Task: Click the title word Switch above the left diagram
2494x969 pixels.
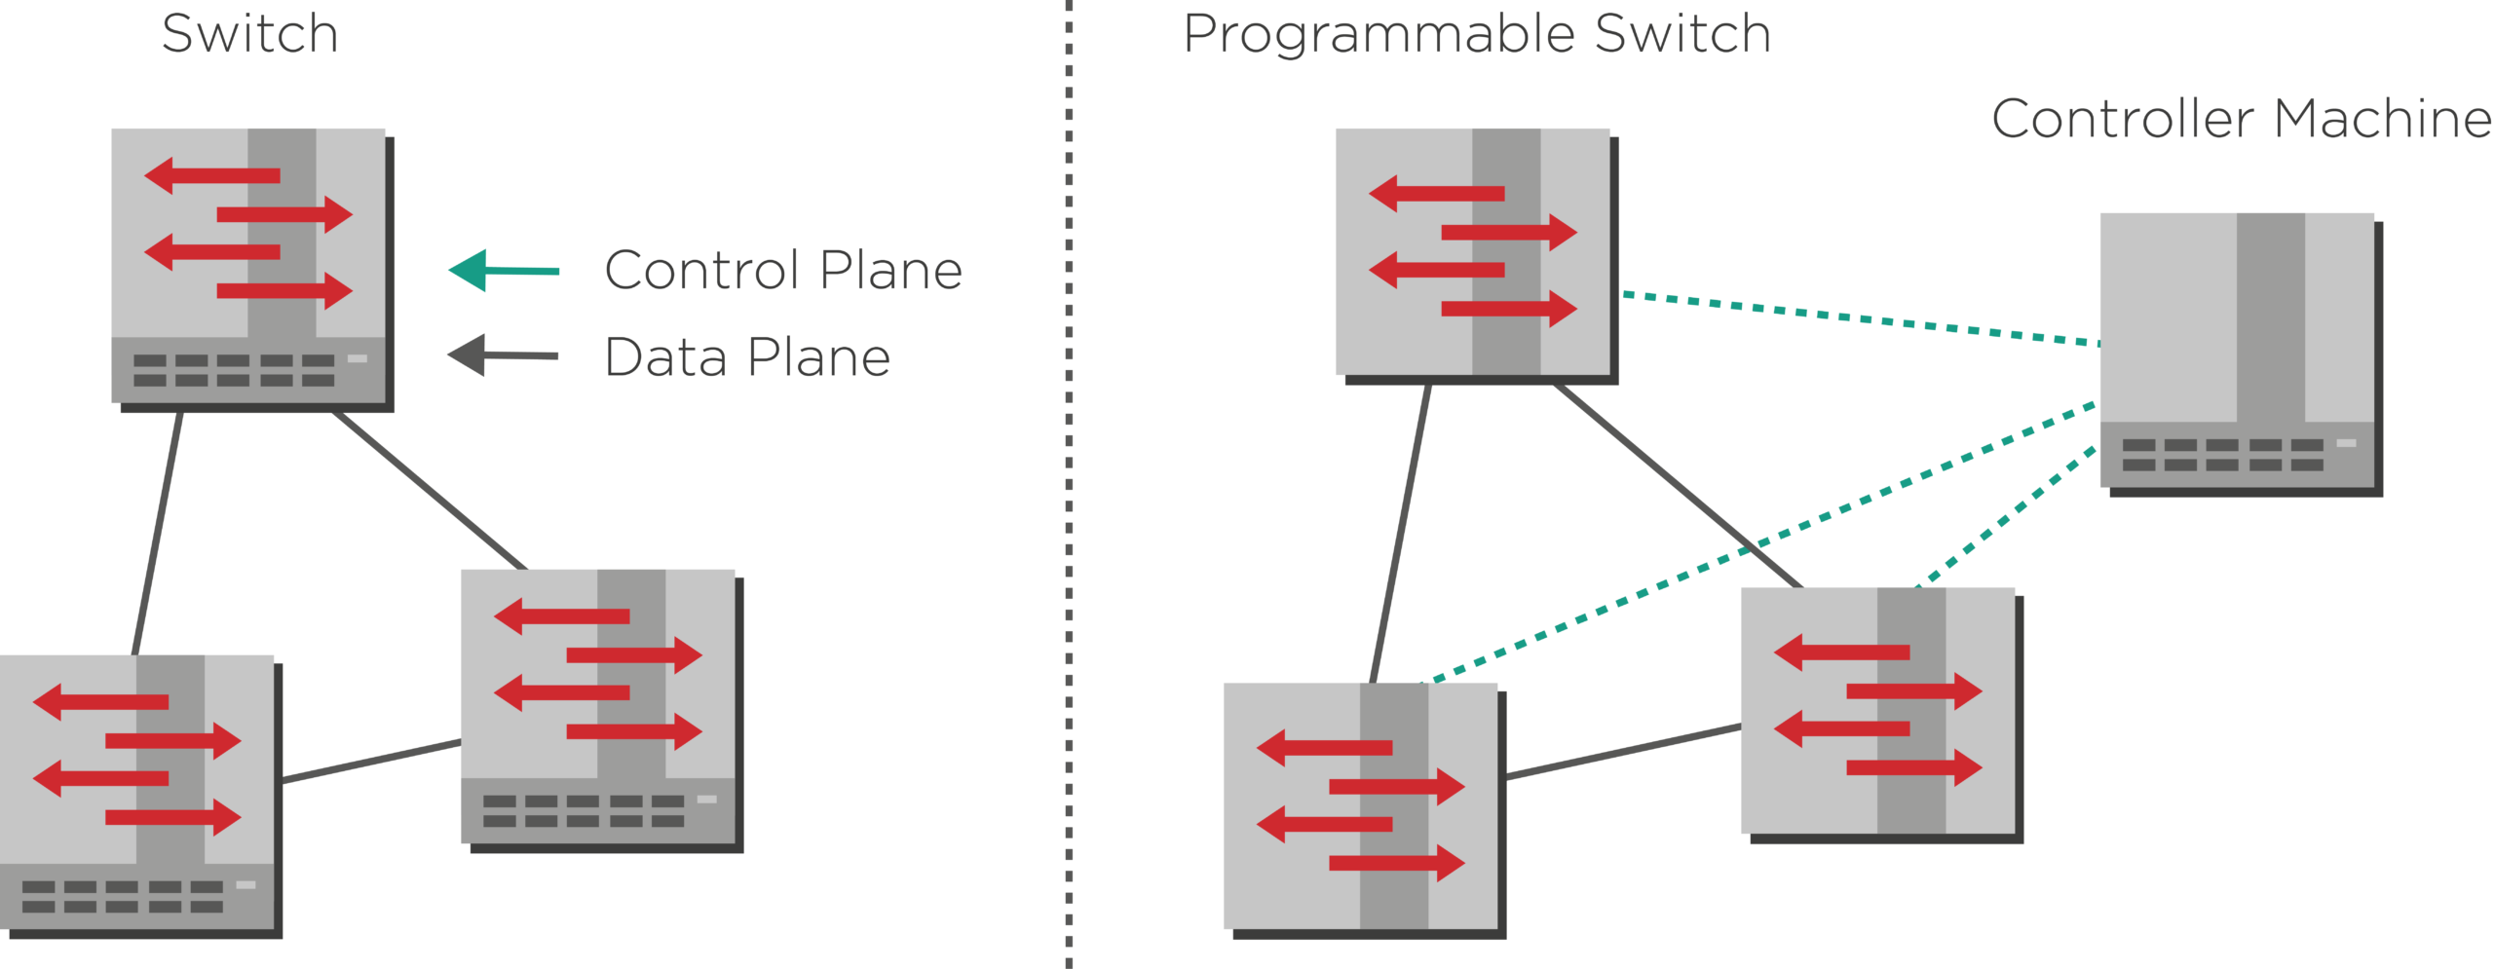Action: click(249, 33)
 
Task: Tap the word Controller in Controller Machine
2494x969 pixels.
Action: click(2123, 119)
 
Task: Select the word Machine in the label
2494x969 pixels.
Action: click(2383, 119)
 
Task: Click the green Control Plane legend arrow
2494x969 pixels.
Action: click(504, 270)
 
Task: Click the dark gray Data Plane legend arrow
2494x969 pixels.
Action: click(503, 354)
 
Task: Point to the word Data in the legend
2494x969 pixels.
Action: click(665, 356)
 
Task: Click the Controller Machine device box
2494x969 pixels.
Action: click(2241, 354)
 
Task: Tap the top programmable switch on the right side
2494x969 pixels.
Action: click(1477, 256)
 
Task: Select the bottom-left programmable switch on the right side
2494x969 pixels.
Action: click(1365, 810)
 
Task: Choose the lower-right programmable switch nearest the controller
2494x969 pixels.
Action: click(1882, 715)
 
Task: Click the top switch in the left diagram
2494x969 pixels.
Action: click(252, 270)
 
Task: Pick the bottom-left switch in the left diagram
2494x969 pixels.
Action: click(140, 797)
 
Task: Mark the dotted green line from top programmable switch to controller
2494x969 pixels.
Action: click(1861, 318)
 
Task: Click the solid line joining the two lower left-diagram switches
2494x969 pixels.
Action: click(371, 762)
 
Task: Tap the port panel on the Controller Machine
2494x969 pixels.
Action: click(2237, 455)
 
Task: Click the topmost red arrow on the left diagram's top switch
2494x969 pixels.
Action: click(212, 176)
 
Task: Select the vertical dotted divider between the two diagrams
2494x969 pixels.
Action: click(1069, 484)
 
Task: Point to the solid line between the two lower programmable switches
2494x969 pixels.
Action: click(1623, 751)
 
